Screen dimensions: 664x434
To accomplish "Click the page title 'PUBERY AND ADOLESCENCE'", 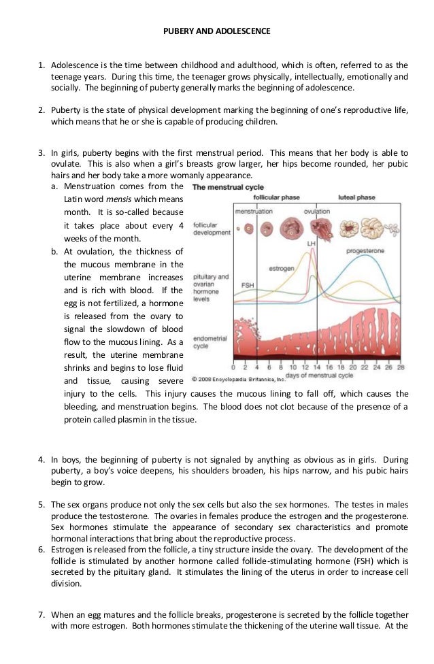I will (218, 31).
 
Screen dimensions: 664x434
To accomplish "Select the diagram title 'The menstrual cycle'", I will (227, 187).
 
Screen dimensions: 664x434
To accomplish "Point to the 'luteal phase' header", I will (356, 197).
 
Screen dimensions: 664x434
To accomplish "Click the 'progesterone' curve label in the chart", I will (365, 251).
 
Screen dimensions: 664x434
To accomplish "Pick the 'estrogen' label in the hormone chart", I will (282, 268).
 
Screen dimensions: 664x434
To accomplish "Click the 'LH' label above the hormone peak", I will (312, 242).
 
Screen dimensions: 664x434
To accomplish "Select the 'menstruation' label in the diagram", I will (254, 212).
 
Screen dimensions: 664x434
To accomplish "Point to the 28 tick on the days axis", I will (401, 367).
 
